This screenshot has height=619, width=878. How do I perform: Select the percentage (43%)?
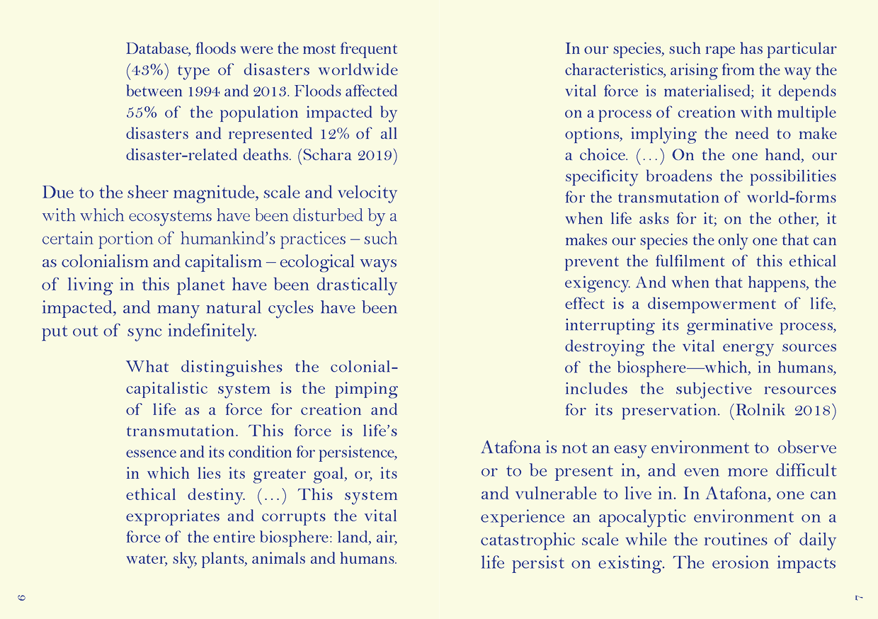(147, 71)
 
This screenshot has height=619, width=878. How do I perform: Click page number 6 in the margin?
(22, 598)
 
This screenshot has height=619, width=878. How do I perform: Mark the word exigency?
(597, 283)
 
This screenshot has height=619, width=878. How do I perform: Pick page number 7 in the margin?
(857, 598)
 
